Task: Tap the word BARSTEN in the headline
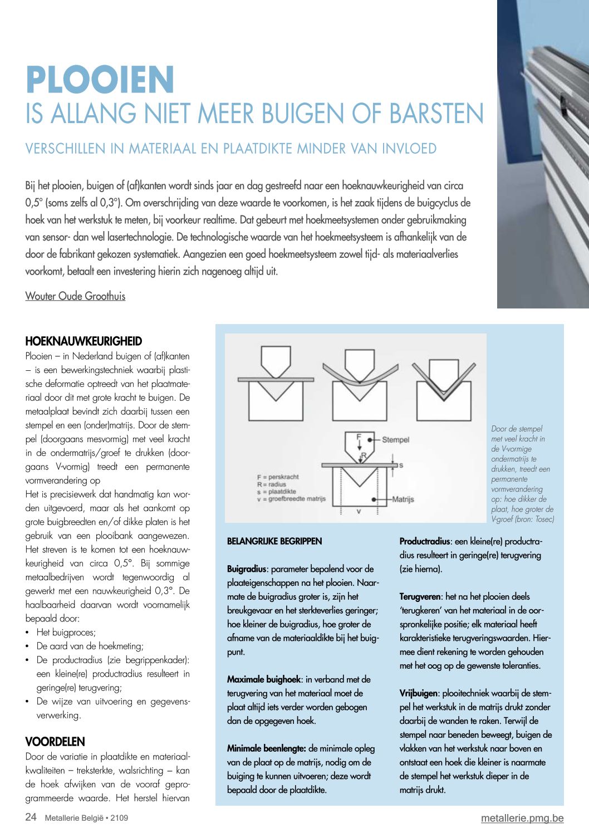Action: click(436, 114)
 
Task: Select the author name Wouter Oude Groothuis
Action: click(75, 296)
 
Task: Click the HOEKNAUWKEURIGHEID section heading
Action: click(84, 341)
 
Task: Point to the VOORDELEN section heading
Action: click(55, 742)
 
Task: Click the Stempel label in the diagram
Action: click(395, 440)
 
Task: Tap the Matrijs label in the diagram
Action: click(403, 499)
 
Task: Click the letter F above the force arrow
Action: click(359, 436)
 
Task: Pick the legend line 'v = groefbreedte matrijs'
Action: click(291, 499)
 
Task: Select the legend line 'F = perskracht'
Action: click(278, 477)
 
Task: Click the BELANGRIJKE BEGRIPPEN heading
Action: click(274, 541)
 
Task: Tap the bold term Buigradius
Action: click(247, 569)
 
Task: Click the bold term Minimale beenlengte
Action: click(266, 748)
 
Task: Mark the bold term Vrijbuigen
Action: click(419, 693)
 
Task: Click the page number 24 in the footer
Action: click(31, 817)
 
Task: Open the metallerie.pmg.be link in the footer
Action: click(522, 819)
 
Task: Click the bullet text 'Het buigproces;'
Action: click(66, 633)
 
